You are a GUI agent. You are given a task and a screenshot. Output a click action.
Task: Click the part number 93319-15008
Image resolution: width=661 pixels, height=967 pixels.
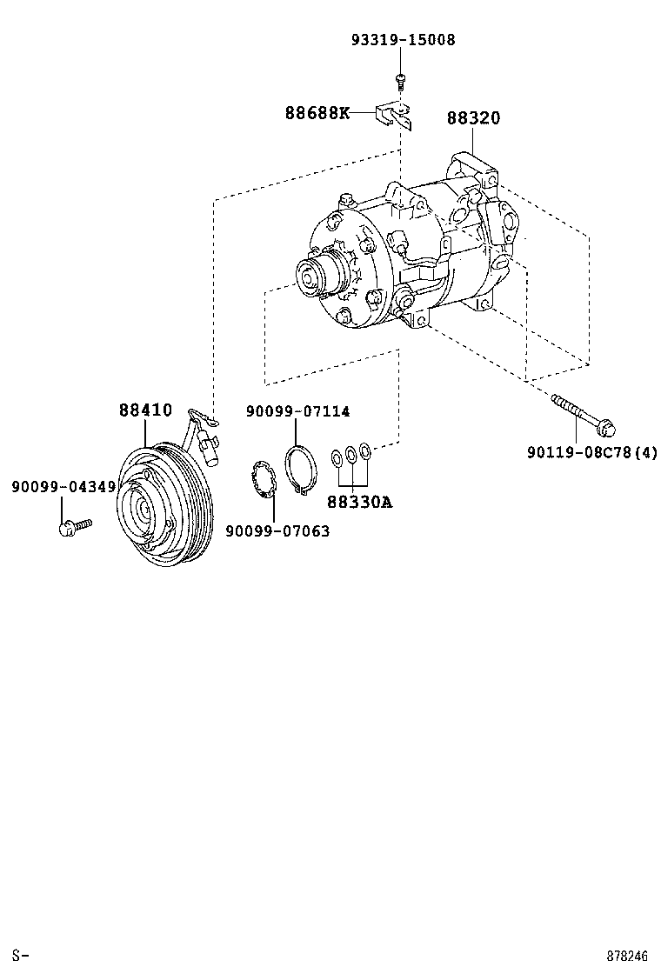click(403, 40)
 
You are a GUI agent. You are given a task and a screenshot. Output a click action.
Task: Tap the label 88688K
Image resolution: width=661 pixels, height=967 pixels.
click(317, 113)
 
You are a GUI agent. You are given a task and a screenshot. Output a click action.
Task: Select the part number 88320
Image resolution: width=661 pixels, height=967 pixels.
click(473, 118)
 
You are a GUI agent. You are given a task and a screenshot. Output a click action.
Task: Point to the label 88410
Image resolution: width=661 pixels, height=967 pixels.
click(145, 410)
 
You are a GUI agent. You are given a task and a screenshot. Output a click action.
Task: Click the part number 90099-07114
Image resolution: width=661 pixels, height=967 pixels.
click(297, 411)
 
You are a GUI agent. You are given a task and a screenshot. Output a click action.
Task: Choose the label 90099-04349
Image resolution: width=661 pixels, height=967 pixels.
click(63, 487)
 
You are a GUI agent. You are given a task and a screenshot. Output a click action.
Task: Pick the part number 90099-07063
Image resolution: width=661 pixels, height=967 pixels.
click(277, 531)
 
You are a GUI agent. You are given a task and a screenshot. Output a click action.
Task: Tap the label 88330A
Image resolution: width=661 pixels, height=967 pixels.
click(359, 502)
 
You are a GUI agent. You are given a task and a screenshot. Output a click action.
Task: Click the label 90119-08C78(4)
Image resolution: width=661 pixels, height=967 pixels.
click(591, 452)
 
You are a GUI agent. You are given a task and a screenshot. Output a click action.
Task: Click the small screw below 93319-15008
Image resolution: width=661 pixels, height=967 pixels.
click(400, 81)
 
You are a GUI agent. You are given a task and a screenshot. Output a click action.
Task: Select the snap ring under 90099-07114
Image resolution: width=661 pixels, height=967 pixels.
click(299, 470)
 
